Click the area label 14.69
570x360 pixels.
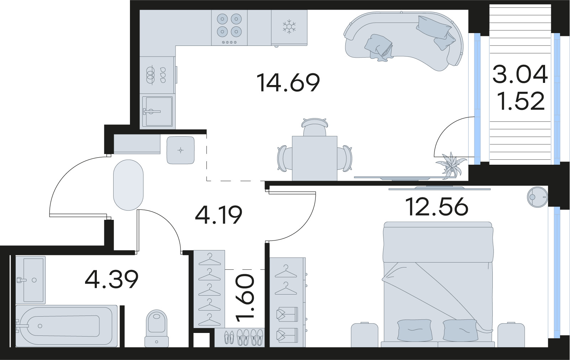288,83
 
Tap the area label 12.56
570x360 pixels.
437,207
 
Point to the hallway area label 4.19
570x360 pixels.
219,215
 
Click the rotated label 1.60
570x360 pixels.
246,297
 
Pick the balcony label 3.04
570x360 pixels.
520,75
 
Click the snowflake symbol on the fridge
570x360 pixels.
289,27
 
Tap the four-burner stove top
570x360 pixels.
229,26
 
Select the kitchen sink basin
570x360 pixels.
157,111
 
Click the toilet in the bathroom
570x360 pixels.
157,327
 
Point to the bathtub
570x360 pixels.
67,325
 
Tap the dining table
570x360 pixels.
314,158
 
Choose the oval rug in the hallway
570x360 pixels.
128,185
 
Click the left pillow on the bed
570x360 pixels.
414,330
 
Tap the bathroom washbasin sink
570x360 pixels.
31,279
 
